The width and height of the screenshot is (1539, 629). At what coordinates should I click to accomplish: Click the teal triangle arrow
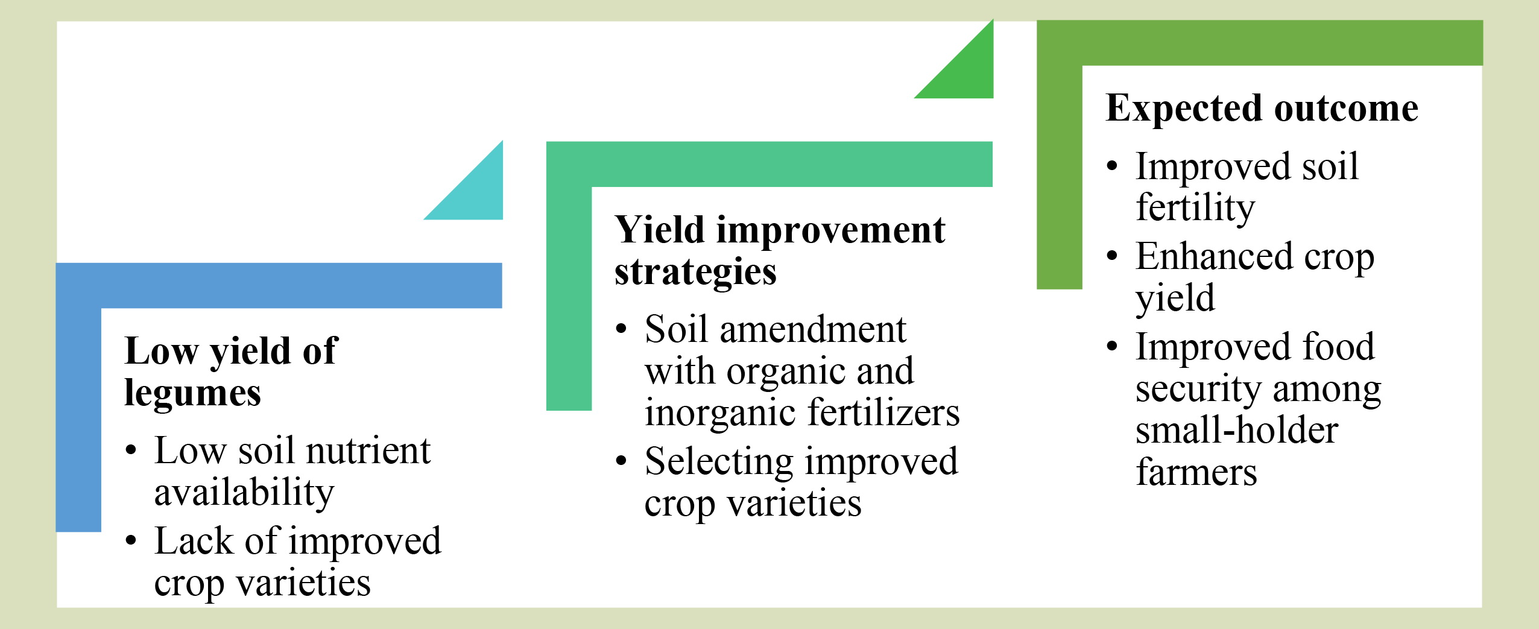[x=476, y=193]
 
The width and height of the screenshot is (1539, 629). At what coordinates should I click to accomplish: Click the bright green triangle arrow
[x=967, y=71]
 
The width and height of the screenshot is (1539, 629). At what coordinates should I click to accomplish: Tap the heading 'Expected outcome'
[x=1262, y=109]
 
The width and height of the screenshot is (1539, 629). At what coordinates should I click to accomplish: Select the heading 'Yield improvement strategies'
[x=780, y=250]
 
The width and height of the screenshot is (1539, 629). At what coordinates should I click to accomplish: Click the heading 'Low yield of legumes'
[x=231, y=371]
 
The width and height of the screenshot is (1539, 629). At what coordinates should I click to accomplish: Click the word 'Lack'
[x=194, y=540]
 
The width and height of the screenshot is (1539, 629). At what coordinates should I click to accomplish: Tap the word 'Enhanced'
[x=1214, y=256]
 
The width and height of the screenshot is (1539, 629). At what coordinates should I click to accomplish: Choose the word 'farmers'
[x=1196, y=472]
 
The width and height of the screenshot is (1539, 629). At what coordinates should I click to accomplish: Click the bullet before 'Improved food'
[x=1113, y=347]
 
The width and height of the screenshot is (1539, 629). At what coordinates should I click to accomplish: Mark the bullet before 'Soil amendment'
[x=622, y=329]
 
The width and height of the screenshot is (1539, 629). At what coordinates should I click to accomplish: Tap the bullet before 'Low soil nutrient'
[x=131, y=450]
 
